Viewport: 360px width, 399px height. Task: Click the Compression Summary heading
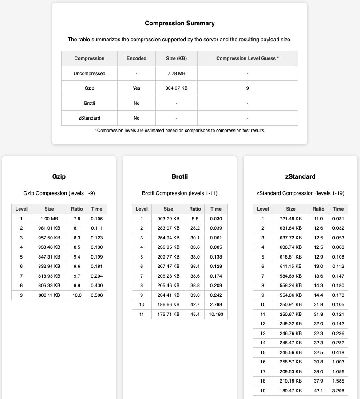point(180,23)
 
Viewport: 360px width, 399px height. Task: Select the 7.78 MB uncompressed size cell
point(176,73)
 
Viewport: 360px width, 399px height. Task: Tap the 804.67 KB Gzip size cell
point(176,88)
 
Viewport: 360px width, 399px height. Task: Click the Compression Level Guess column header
point(247,58)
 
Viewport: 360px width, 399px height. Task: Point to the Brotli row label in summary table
point(89,103)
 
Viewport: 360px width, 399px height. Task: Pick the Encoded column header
point(136,58)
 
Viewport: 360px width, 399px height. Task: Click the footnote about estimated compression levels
point(180,130)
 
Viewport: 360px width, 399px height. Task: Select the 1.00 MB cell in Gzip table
point(49,218)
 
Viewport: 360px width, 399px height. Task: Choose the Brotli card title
point(180,176)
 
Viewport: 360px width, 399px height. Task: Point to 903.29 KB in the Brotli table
point(168,218)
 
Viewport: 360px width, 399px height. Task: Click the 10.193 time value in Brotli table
point(216,315)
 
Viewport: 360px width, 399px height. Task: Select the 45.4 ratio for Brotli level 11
point(195,315)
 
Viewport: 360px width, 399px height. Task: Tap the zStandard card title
point(301,176)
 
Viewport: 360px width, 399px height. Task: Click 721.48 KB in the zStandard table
point(290,218)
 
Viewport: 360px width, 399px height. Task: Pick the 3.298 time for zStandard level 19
point(338,391)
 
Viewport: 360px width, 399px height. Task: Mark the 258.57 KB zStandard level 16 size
point(290,362)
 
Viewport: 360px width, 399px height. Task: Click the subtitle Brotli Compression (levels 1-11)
point(180,193)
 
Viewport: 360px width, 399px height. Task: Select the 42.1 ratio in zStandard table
point(318,391)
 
